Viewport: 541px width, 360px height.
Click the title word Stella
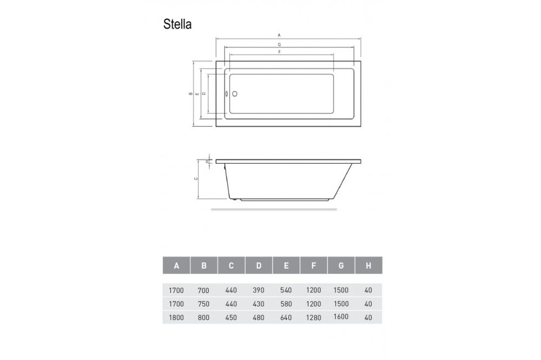click(x=177, y=25)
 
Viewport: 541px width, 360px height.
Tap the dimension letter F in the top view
click(x=279, y=52)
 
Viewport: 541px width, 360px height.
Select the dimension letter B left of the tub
click(x=190, y=94)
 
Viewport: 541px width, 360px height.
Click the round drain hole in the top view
click(x=235, y=94)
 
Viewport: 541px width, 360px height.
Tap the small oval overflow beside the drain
click(x=227, y=94)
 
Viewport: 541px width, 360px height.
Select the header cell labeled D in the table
click(x=259, y=265)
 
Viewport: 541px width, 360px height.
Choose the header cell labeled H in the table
click(x=368, y=265)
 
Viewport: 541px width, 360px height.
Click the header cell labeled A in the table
click(x=176, y=265)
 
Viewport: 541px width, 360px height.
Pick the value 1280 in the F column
click(x=314, y=318)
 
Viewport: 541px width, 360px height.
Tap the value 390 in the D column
click(x=259, y=290)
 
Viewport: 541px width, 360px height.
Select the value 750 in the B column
click(x=204, y=304)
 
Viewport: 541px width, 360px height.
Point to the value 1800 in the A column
click(x=176, y=318)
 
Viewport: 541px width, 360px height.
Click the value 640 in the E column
click(x=286, y=318)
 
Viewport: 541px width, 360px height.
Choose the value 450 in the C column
click(x=231, y=318)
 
